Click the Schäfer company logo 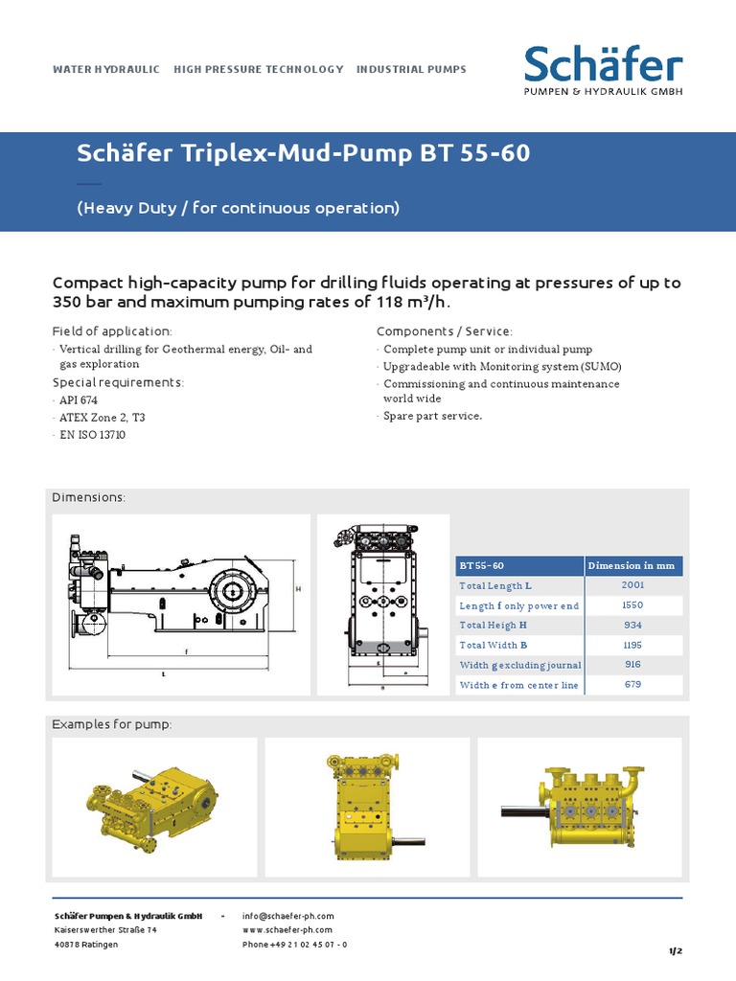click(603, 72)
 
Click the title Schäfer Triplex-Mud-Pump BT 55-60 click(303, 154)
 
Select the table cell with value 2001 click(632, 584)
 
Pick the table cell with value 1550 click(632, 605)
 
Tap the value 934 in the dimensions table click(632, 625)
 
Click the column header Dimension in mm click(632, 565)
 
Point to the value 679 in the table click(632, 685)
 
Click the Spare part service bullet click(432, 417)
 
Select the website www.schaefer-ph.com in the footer click(287, 930)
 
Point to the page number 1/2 click(675, 950)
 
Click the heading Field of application click(112, 331)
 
